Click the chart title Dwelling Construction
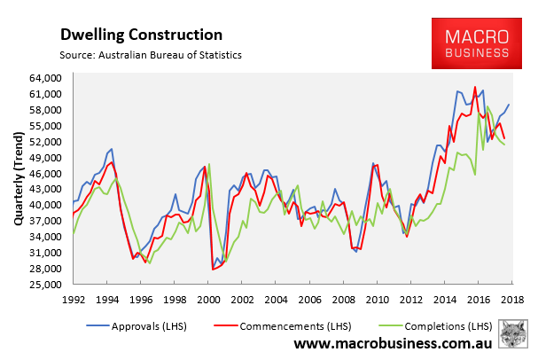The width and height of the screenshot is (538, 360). click(x=141, y=35)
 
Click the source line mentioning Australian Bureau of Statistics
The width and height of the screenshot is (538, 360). click(x=151, y=56)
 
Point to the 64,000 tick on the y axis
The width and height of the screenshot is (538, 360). click(x=45, y=77)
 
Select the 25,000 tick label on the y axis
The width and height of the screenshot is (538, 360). click(x=45, y=284)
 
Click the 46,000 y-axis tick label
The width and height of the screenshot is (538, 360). click(x=45, y=173)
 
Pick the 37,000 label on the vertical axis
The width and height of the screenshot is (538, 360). click(x=45, y=221)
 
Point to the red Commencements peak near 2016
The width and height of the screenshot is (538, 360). click(x=476, y=87)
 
